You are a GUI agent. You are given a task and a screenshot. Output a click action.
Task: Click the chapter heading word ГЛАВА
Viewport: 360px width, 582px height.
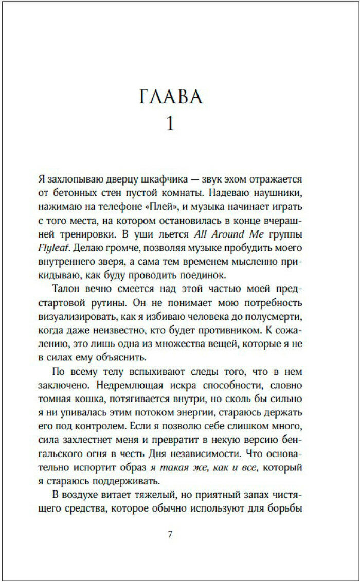coord(170,97)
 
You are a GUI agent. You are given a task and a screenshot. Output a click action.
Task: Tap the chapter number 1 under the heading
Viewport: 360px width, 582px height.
coord(170,124)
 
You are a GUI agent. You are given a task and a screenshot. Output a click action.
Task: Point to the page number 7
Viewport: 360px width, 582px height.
coord(170,534)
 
